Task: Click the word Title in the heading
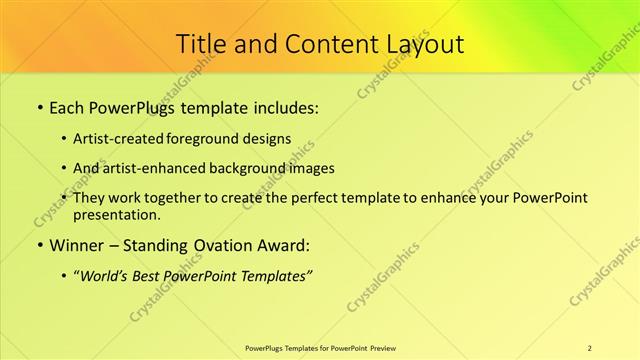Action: [200, 44]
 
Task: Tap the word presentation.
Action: [115, 214]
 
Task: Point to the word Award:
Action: [284, 243]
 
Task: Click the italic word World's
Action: [104, 275]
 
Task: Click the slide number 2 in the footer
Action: [590, 347]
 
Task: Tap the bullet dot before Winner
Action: [39, 244]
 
